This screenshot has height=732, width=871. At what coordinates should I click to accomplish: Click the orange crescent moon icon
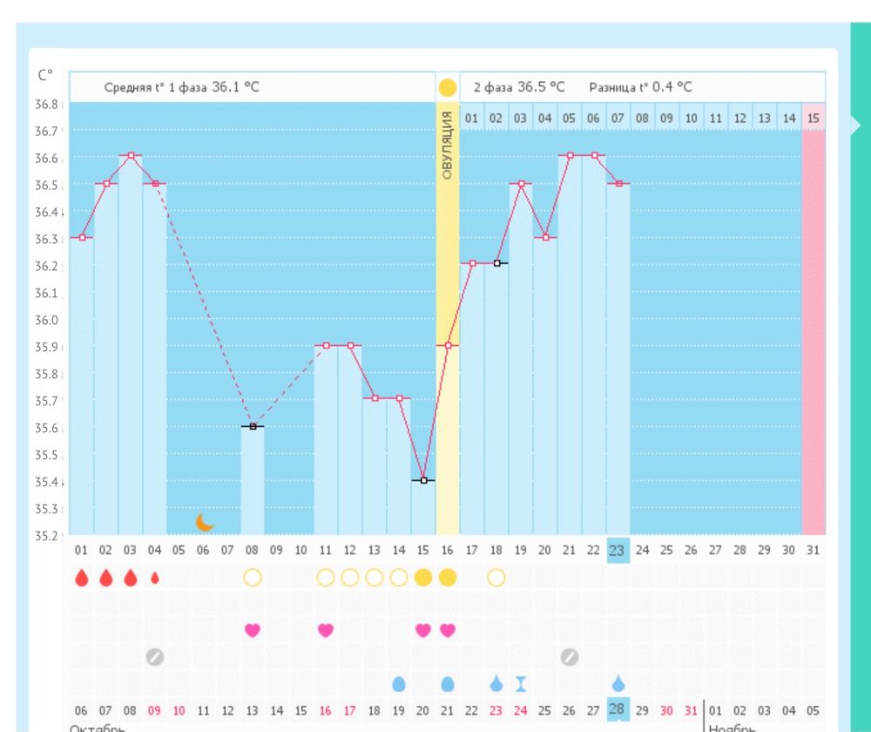(205, 522)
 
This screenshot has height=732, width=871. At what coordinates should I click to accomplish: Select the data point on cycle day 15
(423, 480)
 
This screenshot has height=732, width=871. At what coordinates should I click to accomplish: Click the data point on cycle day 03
(131, 155)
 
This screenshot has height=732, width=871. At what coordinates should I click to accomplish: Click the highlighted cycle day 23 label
(618, 550)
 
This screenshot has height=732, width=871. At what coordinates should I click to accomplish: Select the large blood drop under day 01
(82, 578)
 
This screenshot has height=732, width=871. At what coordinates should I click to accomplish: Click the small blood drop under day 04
(155, 578)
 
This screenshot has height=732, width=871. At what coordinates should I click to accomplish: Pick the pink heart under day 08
(253, 630)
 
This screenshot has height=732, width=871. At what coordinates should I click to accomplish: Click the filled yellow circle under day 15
(423, 578)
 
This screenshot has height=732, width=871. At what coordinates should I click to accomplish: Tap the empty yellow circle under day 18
(496, 578)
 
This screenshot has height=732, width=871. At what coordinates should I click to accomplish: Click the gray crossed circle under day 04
(155, 657)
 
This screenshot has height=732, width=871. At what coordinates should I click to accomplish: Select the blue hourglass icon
(521, 684)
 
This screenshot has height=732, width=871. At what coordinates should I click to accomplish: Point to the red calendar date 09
(155, 711)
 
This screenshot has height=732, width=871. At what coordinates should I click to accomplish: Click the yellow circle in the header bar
(447, 87)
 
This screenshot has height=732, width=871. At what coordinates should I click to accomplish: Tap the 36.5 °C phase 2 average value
(541, 87)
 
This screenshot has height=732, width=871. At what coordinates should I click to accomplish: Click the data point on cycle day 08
(253, 426)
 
